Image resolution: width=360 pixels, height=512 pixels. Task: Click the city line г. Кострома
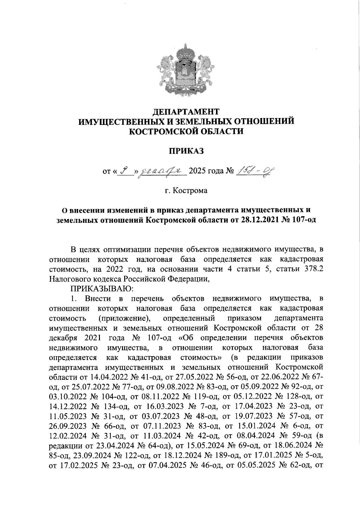186,191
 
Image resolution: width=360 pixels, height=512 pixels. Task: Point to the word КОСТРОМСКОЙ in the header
163,131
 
